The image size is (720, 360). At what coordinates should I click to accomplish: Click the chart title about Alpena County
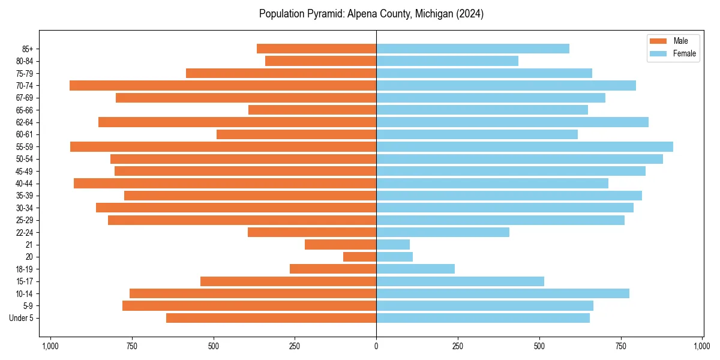click(x=371, y=14)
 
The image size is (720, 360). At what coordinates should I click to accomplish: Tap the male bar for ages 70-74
click(x=223, y=85)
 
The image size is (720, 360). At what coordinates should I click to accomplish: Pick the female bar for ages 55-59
click(x=524, y=146)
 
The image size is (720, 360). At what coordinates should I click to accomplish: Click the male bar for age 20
click(x=359, y=257)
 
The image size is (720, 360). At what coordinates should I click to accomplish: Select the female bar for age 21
click(x=393, y=244)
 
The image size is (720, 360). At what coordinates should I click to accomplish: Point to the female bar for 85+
click(x=473, y=49)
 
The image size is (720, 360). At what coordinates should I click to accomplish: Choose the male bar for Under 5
click(x=271, y=318)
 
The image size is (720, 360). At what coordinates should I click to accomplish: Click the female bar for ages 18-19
click(x=415, y=269)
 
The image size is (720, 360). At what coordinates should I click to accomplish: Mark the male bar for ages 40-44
click(x=225, y=183)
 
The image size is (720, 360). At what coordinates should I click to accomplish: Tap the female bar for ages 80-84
click(x=447, y=61)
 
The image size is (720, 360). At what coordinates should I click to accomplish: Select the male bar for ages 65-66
click(x=312, y=110)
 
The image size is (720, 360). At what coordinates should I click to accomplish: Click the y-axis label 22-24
click(x=25, y=232)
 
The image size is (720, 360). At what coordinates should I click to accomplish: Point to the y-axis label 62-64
click(x=25, y=122)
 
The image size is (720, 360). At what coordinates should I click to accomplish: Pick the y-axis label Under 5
click(x=22, y=318)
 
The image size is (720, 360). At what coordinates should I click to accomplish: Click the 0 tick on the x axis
click(x=376, y=346)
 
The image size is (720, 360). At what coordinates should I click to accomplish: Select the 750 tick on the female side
click(x=621, y=346)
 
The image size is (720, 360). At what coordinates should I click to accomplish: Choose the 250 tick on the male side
click(x=295, y=346)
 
